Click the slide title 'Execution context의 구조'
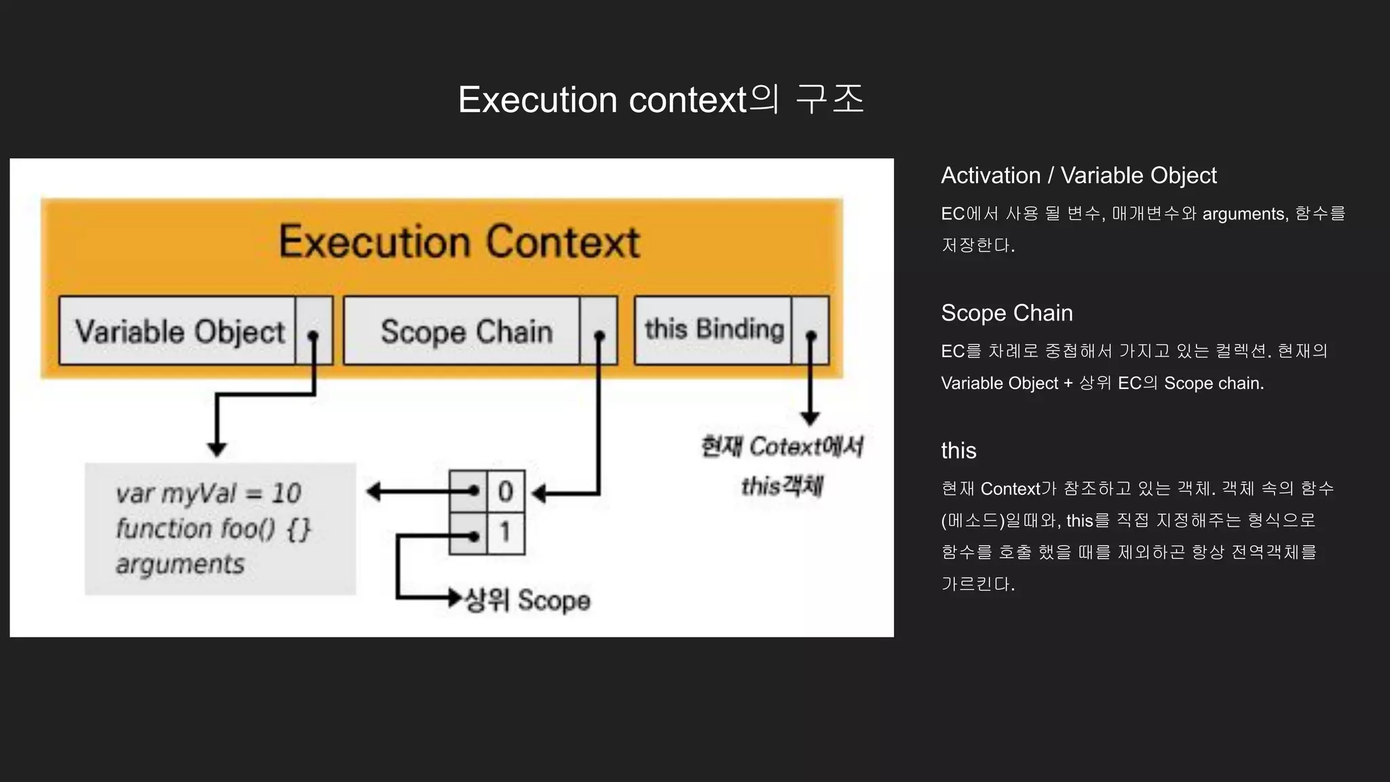pos(661,100)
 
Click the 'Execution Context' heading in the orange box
pos(459,242)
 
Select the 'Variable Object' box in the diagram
pos(179,331)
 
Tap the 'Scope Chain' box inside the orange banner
pos(466,331)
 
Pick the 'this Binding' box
pos(714,330)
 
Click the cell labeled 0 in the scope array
pos(506,491)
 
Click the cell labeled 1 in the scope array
pos(506,533)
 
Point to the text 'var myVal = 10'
pos(208,493)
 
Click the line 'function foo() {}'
pos(212,529)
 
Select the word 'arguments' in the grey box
pos(180,564)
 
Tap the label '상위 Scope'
pos(527,601)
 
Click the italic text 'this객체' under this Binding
pos(782,486)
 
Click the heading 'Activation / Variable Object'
pos(1078,176)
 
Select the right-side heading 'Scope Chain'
pos(1007,313)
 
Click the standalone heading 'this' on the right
pos(958,451)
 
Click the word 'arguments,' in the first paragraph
pos(1245,215)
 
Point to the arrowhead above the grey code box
pos(217,449)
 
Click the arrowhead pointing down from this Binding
pos(810,418)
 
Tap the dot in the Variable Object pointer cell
pos(313,336)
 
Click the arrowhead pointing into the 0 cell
pos(539,494)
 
